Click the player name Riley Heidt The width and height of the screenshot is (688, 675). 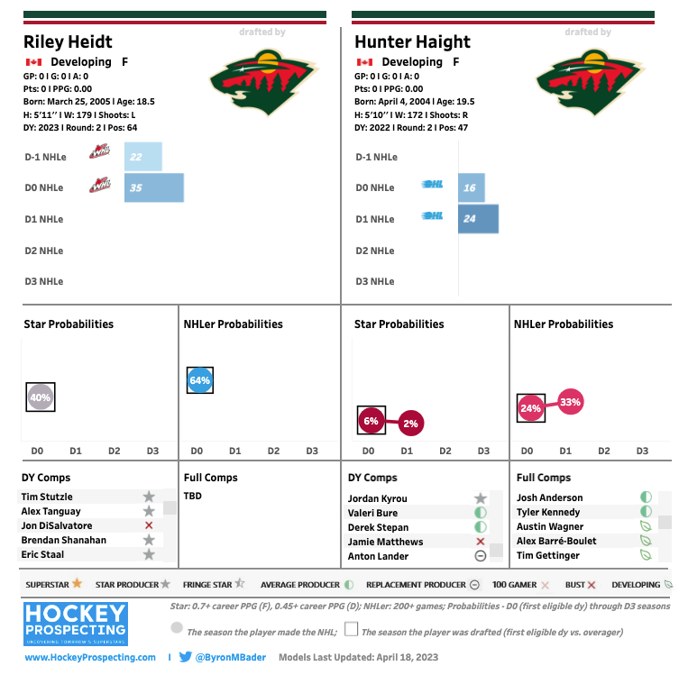68,41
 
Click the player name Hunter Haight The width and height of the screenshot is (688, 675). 412,41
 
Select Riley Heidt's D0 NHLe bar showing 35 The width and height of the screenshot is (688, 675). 154,187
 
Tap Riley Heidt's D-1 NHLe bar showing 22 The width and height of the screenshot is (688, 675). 142,157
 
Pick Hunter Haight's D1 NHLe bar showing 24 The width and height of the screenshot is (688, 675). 478,219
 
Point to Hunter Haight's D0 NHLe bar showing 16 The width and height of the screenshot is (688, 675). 471,187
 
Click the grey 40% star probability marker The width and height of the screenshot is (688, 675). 40,397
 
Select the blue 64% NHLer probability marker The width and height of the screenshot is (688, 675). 199,380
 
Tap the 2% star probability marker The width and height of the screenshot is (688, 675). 410,423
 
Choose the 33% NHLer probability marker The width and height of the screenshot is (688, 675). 570,402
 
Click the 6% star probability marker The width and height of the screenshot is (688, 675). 371,421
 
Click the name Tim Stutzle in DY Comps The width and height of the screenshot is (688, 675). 48,497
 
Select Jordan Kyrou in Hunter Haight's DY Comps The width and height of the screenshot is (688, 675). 377,498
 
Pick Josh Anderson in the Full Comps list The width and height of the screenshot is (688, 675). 549,497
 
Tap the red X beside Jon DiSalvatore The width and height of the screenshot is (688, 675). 149,525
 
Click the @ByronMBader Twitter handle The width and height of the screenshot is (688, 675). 231,658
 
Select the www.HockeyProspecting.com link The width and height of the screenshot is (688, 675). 90,658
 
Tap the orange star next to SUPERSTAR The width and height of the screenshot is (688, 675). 78,584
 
